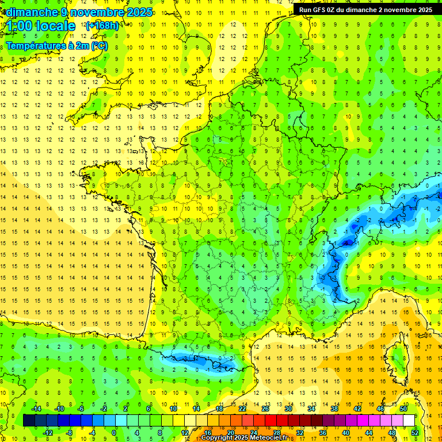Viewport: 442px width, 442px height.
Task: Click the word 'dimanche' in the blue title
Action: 31,12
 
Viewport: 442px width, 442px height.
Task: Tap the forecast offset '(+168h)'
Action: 102,25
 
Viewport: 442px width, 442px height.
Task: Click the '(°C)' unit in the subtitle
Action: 98,45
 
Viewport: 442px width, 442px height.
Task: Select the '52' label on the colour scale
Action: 415,432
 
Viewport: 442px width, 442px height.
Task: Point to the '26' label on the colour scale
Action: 265,409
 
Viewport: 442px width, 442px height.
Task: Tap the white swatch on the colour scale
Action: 409,421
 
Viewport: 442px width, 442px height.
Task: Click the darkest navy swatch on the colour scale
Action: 29,421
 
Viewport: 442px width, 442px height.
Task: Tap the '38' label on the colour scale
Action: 334,409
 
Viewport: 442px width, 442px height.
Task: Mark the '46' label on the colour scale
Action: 380,409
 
